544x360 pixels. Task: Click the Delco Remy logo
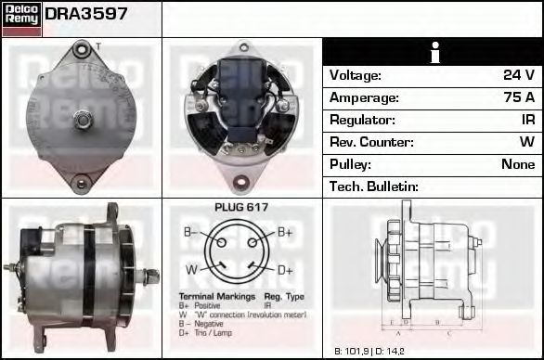(21, 18)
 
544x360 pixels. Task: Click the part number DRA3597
(86, 15)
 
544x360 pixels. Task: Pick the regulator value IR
(527, 120)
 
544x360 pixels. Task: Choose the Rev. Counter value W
(526, 142)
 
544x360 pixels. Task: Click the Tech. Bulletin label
(374, 186)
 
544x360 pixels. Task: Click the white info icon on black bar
(433, 53)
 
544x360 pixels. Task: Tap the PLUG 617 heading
(241, 208)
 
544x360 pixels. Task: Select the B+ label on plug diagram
(284, 232)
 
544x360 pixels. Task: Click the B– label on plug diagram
(190, 232)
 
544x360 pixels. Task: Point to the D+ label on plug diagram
(285, 270)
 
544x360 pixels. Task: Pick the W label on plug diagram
(191, 270)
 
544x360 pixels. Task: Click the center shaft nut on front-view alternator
(82, 119)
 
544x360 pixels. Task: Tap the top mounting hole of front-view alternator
(82, 48)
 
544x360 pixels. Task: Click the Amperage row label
(365, 97)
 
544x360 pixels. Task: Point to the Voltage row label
(356, 75)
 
